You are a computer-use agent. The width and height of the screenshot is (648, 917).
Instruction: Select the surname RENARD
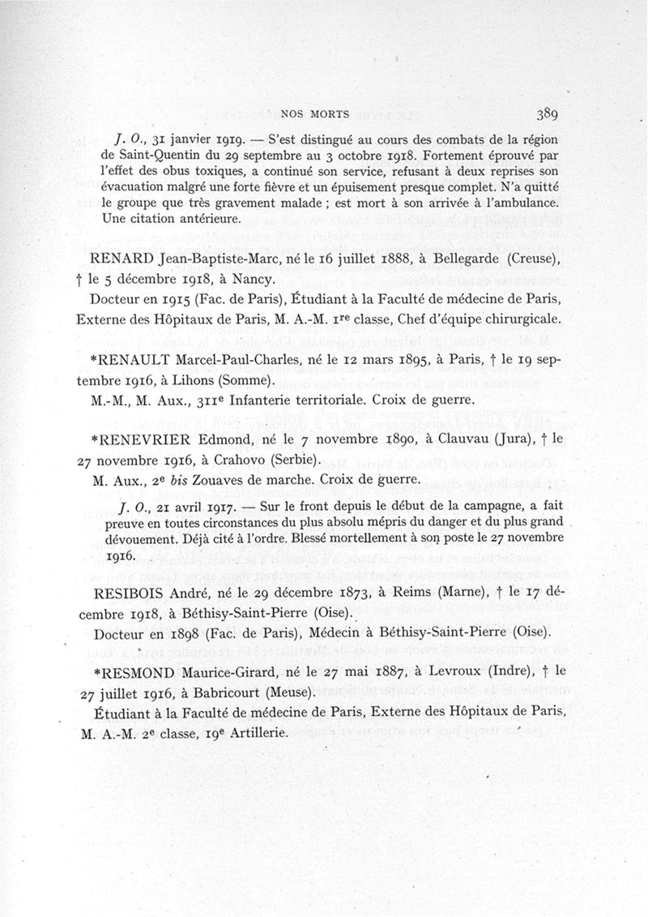(109, 259)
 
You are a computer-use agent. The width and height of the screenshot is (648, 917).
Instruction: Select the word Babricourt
(218, 692)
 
